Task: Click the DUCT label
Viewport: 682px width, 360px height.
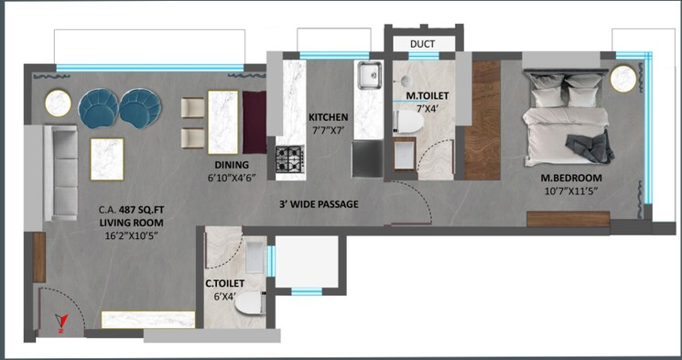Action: pyautogui.click(x=423, y=43)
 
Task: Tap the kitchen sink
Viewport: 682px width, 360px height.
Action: pyautogui.click(x=369, y=73)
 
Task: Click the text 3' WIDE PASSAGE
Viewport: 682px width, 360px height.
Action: pyautogui.click(x=319, y=203)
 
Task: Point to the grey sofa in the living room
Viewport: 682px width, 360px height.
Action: pyautogui.click(x=63, y=171)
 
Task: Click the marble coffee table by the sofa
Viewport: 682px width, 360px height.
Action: pyautogui.click(x=106, y=158)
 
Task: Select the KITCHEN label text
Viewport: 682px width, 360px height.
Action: pyautogui.click(x=329, y=117)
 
